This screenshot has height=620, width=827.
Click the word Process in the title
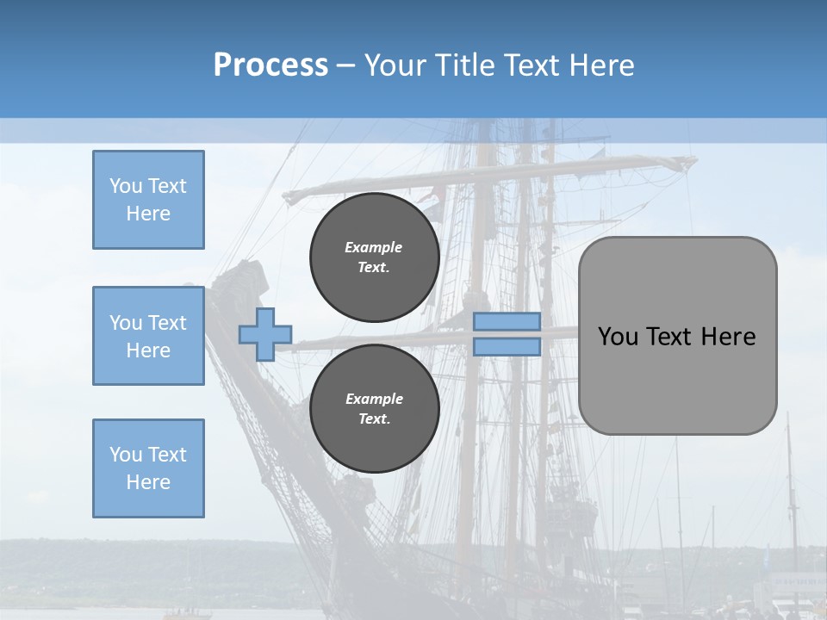tap(270, 65)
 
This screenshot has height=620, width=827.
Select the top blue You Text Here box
tap(148, 200)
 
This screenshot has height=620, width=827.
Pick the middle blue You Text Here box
tap(148, 336)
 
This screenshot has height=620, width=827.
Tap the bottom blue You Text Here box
tap(148, 468)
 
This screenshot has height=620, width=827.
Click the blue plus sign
tap(265, 334)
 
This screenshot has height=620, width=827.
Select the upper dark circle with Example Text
tap(374, 257)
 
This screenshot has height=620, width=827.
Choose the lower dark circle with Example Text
tap(374, 408)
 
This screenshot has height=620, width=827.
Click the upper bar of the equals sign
tap(507, 321)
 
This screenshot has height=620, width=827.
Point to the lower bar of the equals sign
tap(507, 347)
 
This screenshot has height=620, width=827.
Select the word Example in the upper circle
tap(374, 247)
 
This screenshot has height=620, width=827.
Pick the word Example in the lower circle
tap(374, 399)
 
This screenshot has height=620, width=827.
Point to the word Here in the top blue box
tap(148, 214)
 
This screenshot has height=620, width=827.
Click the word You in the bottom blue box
tap(125, 455)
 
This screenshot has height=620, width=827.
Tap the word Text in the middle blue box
tap(166, 323)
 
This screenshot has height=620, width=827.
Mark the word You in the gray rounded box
tap(618, 337)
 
